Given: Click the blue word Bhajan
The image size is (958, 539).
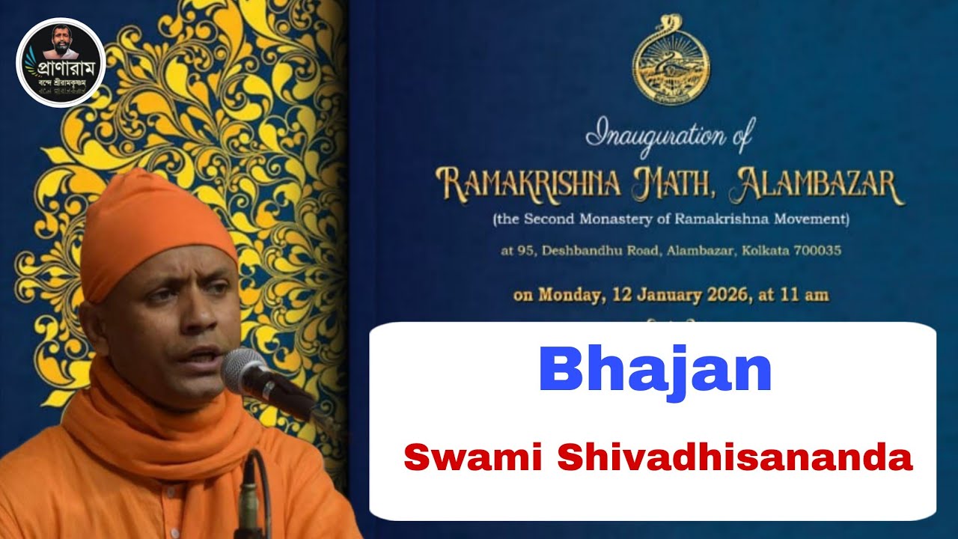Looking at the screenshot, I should pyautogui.click(x=655, y=371).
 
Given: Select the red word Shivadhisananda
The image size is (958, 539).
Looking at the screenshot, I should pyautogui.click(x=735, y=457).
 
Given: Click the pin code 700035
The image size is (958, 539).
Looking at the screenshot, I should pyautogui.click(x=817, y=251).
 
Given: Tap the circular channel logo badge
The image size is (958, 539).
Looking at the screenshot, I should pyautogui.click(x=61, y=62).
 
